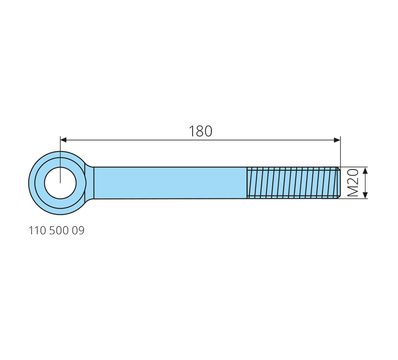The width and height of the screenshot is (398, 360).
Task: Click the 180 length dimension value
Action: pyautogui.click(x=200, y=131)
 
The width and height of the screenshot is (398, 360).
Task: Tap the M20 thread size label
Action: pyautogui.click(x=353, y=183)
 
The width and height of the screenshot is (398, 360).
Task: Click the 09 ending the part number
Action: pyautogui.click(x=78, y=231)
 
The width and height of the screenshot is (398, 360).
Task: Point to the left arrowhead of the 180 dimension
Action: pyautogui.click(x=63, y=140)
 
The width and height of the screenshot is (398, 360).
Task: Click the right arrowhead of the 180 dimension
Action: pyautogui.click(x=337, y=140)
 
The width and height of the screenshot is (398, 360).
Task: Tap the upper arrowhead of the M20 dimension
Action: pyautogui.click(x=365, y=170)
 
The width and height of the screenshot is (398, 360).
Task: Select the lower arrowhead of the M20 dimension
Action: pyautogui.click(x=365, y=195)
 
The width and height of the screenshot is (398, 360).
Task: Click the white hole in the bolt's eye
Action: pyautogui.click(x=60, y=183)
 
